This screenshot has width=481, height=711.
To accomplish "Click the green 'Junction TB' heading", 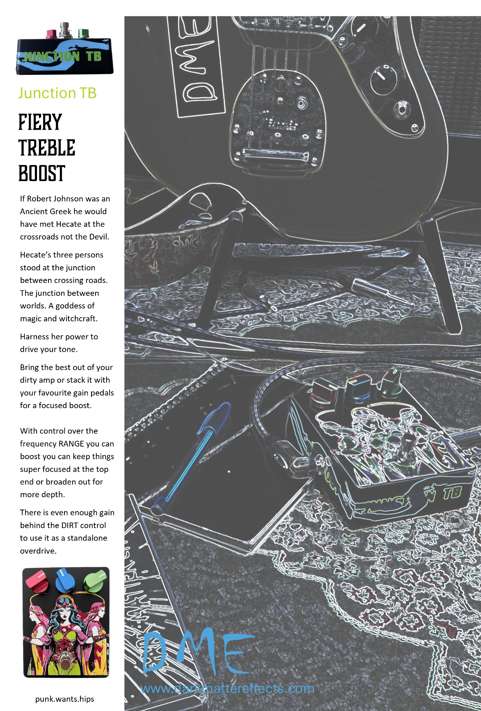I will pos(57,93).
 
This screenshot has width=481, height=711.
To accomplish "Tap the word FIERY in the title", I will pos(40,122).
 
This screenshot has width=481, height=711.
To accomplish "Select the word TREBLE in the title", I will pos(47,148).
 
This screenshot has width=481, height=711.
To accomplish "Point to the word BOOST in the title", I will pos(42,173).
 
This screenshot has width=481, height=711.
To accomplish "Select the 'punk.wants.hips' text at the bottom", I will pos(65,699).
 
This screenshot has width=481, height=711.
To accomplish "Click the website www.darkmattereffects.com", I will pos(227,688).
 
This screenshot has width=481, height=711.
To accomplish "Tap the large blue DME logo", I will pos(198,652).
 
